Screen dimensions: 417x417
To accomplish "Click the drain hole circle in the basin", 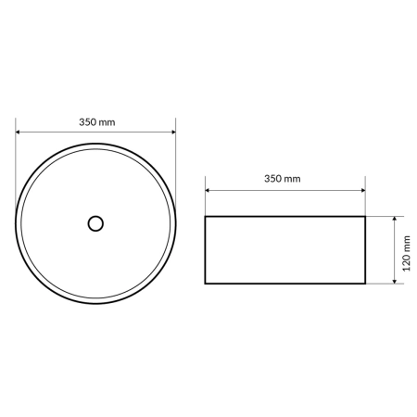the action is click(x=95, y=216).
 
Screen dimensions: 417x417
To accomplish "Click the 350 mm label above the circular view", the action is click(x=97, y=122).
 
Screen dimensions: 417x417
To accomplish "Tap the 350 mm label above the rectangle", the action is click(x=283, y=179).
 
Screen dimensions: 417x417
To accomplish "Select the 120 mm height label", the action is click(x=407, y=254).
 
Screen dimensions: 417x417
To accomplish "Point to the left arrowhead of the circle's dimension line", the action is click(x=18, y=133).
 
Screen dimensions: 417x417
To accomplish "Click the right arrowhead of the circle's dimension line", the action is click(x=173, y=133).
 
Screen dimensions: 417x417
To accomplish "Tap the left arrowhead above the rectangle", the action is click(x=208, y=190).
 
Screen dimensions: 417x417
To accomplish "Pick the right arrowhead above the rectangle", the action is click(x=363, y=190).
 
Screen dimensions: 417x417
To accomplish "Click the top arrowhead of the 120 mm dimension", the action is click(x=395, y=219).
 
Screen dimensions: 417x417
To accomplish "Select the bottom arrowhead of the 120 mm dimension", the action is click(x=395, y=282).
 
